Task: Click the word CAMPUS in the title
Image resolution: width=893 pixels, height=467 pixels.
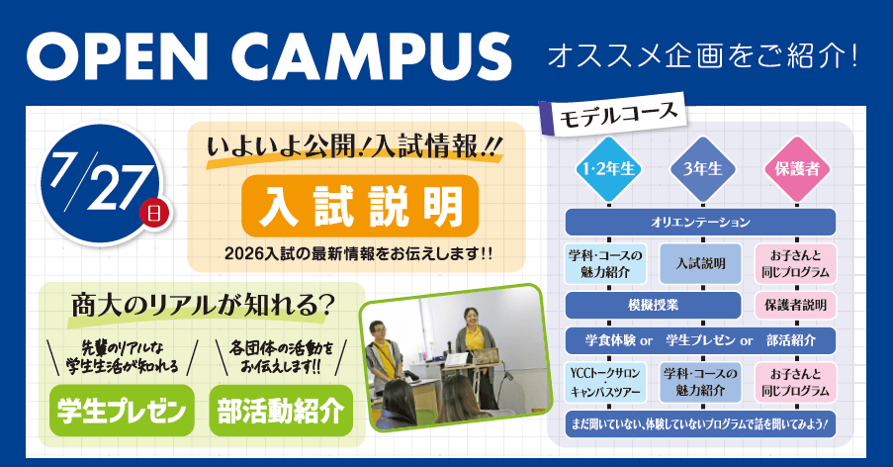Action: click(x=371, y=55)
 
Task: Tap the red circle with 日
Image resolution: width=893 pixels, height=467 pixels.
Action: click(x=154, y=213)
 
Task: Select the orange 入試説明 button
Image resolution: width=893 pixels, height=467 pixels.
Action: click(x=360, y=206)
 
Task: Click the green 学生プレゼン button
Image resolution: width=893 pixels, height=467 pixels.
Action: click(x=122, y=411)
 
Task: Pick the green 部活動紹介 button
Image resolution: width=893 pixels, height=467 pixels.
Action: click(x=281, y=411)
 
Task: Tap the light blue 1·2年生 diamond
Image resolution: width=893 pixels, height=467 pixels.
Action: click(x=608, y=169)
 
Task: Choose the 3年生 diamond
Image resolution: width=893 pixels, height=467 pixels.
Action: click(x=703, y=169)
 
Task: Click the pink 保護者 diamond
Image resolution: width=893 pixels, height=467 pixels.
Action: click(x=797, y=169)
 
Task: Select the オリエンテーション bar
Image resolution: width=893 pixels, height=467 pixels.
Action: click(x=700, y=222)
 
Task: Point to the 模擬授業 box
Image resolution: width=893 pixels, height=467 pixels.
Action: click(x=654, y=306)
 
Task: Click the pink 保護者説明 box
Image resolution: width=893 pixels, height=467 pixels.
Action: click(x=796, y=306)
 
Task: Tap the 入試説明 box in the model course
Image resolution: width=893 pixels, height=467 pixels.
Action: click(x=700, y=264)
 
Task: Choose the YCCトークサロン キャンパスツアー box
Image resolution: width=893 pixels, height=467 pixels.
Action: click(x=606, y=382)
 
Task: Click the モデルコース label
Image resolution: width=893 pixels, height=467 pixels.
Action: click(x=617, y=115)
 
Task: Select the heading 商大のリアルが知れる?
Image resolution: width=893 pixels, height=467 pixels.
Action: click(x=202, y=307)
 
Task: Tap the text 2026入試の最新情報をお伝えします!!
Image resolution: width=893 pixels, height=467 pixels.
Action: click(x=359, y=253)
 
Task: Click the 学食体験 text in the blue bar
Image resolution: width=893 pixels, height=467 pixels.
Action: click(x=610, y=340)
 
